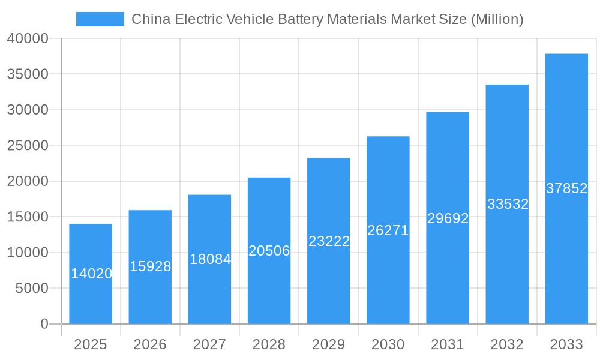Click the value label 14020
coord(91,274)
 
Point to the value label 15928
coord(150,266)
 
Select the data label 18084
coord(210,259)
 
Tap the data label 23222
coord(329,241)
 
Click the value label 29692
coord(448,218)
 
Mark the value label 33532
coord(508,204)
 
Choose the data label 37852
coord(566,188)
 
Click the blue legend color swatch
coord(100,19)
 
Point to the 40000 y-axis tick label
coord(28,38)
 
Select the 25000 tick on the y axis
coord(28,145)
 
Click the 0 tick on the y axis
coord(44,324)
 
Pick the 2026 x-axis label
coord(150,344)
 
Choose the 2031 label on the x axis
coord(448,344)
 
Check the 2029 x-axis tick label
coord(329,344)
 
